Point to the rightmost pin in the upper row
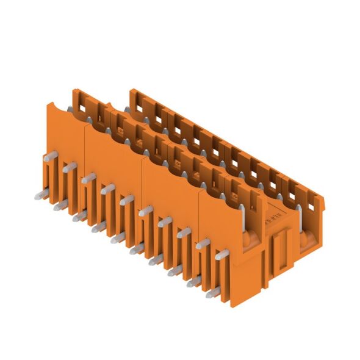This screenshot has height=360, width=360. (203, 243)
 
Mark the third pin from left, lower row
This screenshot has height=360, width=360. (76, 216)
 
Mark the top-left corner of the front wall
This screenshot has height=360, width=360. (49, 104)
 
